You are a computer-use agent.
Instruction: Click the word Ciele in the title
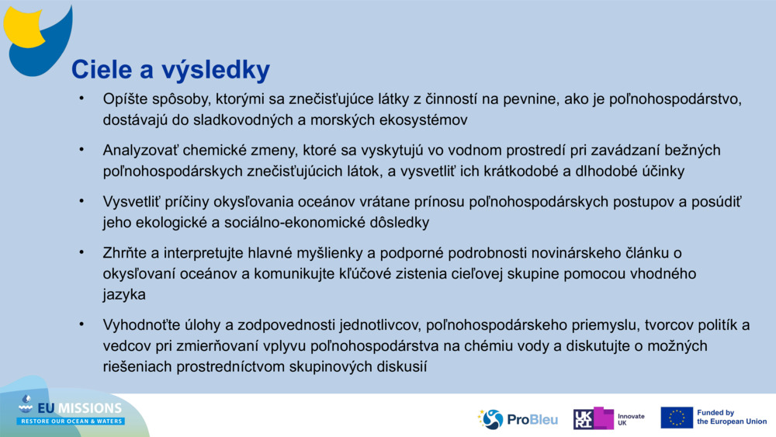click(x=98, y=70)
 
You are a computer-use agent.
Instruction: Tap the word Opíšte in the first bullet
click(x=123, y=99)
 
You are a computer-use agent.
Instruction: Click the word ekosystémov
click(x=421, y=120)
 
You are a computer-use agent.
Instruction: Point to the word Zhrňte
click(x=123, y=252)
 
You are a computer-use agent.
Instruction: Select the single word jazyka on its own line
click(x=124, y=294)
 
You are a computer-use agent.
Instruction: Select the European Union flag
click(x=677, y=418)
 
